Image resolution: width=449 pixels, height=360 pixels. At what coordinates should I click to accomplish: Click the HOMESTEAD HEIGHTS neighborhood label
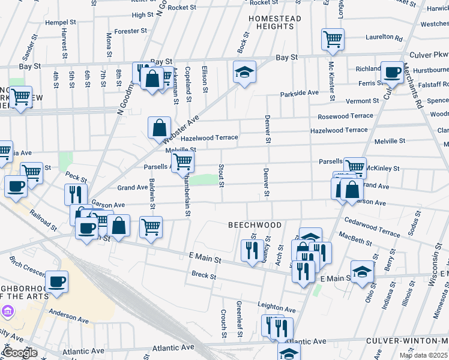pyautogui.click(x=275, y=23)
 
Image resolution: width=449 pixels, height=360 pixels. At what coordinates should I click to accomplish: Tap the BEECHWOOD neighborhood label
pyautogui.click(x=255, y=225)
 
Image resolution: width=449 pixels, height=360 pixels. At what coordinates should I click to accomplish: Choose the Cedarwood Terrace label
pyautogui.click(x=372, y=232)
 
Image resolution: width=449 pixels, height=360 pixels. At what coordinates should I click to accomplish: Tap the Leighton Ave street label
pyautogui.click(x=277, y=309)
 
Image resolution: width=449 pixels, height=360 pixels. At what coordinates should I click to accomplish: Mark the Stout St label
pyautogui.click(x=221, y=175)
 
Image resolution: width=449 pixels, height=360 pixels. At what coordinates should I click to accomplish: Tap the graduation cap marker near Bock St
pyautogui.click(x=244, y=72)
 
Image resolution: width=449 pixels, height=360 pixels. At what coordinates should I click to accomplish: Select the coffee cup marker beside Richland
pyautogui.click(x=392, y=73)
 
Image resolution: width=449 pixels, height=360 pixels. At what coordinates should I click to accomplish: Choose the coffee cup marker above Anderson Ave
pyautogui.click(x=57, y=281)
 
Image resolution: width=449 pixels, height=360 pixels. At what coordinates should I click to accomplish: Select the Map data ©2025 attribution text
pyautogui.click(x=423, y=355)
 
